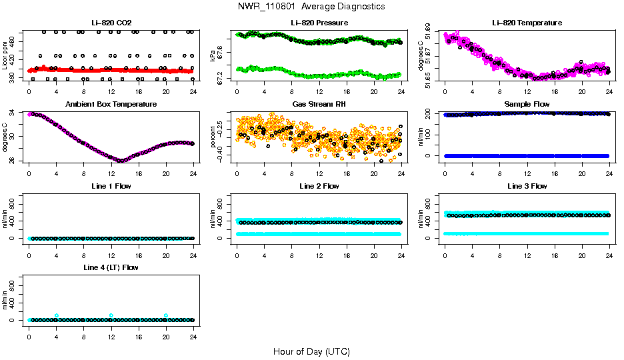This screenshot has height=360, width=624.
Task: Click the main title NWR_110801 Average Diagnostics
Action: (311, 7)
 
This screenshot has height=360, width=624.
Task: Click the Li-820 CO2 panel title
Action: (111, 23)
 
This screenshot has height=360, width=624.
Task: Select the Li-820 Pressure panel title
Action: (319, 23)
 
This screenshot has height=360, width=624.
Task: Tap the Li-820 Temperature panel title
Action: (527, 23)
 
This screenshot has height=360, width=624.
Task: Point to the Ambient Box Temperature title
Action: (111, 105)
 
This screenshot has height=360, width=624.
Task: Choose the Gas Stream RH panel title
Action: (319, 105)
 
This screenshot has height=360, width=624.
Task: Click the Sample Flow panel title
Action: (527, 105)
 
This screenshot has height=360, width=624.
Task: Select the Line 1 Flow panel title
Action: (111, 186)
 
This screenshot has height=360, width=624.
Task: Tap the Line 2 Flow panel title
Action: (319, 186)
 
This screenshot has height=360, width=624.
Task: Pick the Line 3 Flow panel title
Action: (527, 186)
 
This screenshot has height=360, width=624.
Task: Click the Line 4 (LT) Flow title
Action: (111, 267)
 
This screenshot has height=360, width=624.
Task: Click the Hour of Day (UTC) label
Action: (311, 351)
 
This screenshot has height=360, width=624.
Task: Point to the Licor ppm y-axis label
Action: (5, 55)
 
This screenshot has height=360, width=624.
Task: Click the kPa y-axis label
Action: (213, 55)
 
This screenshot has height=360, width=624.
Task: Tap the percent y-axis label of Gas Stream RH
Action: (213, 136)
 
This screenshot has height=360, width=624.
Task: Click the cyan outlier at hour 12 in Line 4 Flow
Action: (111, 315)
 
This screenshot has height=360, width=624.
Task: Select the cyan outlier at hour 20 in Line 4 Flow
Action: (166, 315)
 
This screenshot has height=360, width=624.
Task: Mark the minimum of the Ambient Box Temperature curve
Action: (120, 161)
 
